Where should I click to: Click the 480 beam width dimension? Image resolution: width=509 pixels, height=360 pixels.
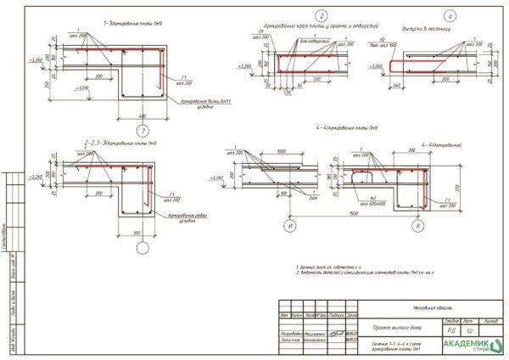pos(142,115)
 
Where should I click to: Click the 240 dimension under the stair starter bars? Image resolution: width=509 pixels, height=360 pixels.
pos(398,86)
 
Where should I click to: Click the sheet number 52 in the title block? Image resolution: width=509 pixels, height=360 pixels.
pos(467,330)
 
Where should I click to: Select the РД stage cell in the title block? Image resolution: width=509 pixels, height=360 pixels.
pos(451,330)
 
